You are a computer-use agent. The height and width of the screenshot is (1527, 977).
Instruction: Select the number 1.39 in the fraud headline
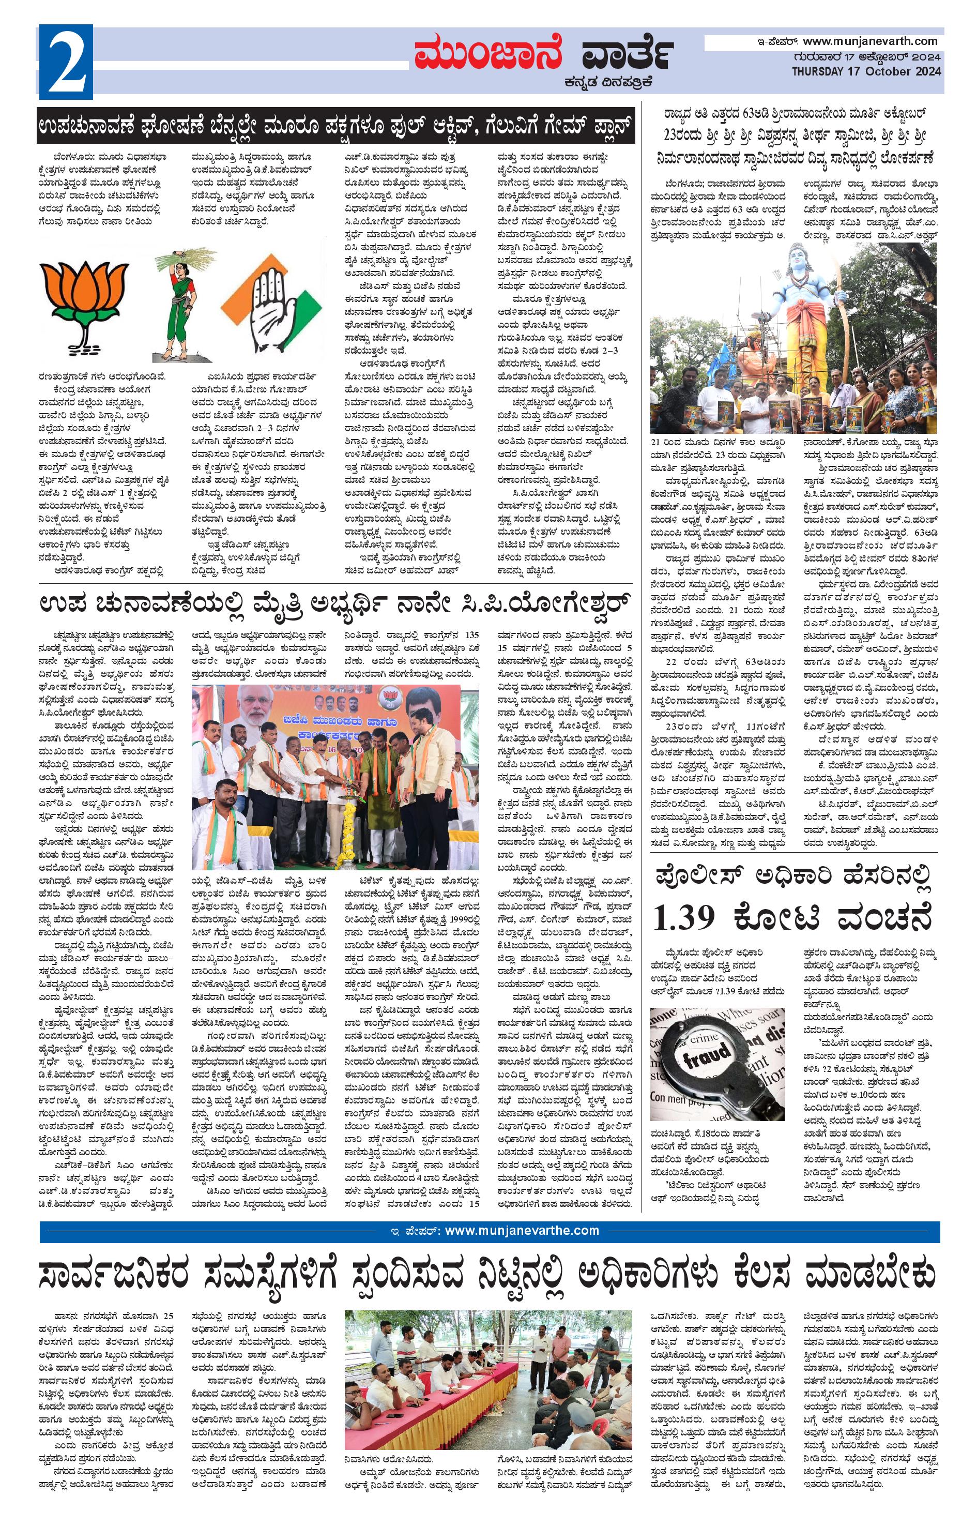683,916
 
